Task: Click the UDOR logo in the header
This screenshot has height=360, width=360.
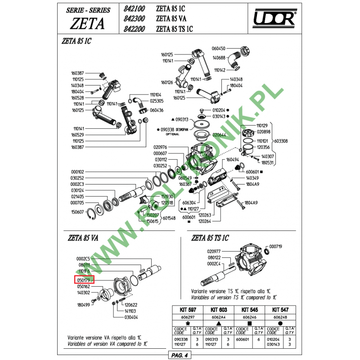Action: [x=274, y=19]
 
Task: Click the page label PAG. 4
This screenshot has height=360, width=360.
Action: [x=180, y=355]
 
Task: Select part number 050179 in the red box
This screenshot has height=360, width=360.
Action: [x=84, y=280]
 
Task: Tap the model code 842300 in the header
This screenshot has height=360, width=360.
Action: [x=134, y=19]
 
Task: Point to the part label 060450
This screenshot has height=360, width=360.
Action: [x=218, y=49]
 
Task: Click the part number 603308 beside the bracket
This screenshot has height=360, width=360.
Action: [x=280, y=141]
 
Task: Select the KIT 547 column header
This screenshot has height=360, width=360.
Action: [x=280, y=310]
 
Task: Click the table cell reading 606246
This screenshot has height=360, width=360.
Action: [x=249, y=317]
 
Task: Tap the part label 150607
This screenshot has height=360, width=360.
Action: [x=77, y=211]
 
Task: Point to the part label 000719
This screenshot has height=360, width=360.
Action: [x=275, y=247]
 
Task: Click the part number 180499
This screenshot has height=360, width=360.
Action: [x=83, y=305]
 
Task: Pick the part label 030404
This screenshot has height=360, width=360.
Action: [x=131, y=317]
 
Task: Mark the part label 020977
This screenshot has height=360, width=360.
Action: [x=214, y=251]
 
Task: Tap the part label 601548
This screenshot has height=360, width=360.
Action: [x=169, y=218]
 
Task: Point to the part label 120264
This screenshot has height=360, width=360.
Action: [x=204, y=221]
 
